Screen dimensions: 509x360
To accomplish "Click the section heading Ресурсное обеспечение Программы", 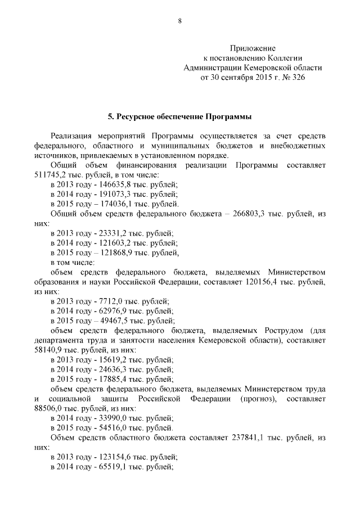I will click(x=179, y=117).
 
